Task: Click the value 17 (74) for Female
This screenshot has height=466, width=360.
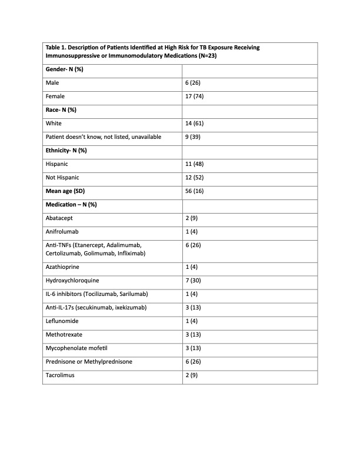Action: (x=194, y=96)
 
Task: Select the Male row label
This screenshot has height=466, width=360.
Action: (x=52, y=83)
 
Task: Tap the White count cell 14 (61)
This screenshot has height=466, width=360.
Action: (x=195, y=124)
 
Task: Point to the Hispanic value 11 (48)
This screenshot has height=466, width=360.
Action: (x=195, y=164)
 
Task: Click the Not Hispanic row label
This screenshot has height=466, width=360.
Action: (x=62, y=178)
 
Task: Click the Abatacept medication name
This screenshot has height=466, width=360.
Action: (x=59, y=218)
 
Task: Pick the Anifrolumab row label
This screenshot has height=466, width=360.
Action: (x=62, y=231)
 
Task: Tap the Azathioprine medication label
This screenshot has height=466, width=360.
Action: (x=62, y=267)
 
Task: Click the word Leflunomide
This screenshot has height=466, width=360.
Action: (x=62, y=321)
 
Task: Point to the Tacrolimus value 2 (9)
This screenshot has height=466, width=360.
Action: (x=192, y=375)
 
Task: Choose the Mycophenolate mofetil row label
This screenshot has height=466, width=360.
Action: (x=74, y=348)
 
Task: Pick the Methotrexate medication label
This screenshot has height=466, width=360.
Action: (x=63, y=335)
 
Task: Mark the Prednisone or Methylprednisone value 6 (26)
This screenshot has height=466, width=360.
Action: (x=194, y=362)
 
